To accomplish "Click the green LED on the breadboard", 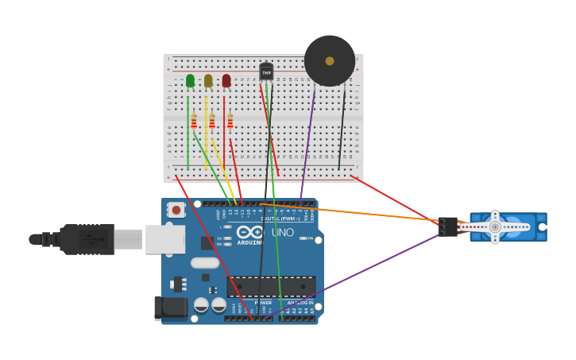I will point(190,80).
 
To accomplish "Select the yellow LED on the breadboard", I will point(208,80).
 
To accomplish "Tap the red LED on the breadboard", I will point(226,80).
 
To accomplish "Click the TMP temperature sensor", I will point(266,72).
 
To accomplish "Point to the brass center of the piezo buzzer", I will point(329,60).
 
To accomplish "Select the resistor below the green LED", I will point(194,121).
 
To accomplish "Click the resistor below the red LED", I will point(230,121).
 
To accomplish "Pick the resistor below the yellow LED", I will point(212,121).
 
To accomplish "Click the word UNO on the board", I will point(283,233).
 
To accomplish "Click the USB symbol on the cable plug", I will point(94,238).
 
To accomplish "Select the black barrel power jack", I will point(171,309).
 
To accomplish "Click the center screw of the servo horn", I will point(494,226).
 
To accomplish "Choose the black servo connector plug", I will point(447,226).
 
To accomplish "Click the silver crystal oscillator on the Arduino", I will point(204,263).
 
